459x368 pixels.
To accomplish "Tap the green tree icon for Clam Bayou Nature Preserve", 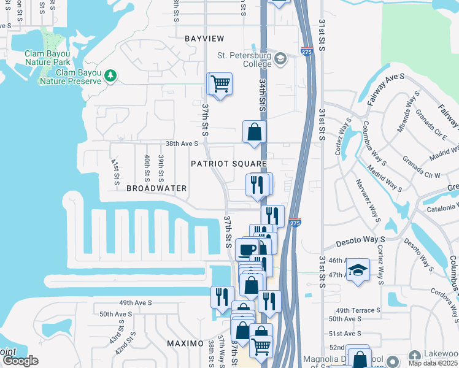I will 110,75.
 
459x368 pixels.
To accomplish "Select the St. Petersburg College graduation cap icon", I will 280,59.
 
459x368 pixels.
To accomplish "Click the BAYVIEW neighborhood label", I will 204,39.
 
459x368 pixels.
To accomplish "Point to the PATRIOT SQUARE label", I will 228,164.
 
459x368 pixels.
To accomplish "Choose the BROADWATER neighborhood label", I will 156,188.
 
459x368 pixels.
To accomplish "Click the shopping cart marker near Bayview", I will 221,83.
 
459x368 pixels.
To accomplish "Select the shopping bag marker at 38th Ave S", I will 255,131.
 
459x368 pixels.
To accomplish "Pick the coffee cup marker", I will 247,250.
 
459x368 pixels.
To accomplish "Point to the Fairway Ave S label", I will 387,85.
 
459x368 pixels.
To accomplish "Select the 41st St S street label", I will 115,172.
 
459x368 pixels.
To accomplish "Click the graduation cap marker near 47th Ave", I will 358,270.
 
